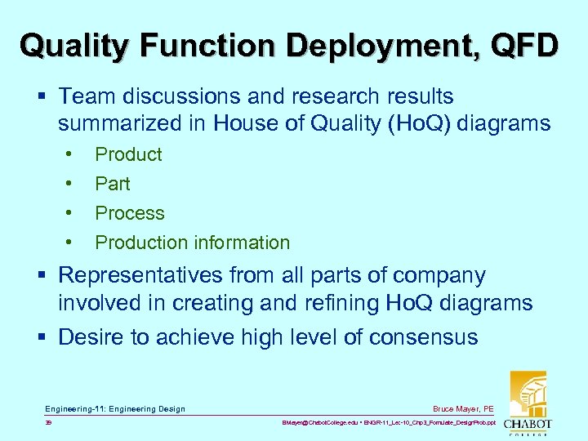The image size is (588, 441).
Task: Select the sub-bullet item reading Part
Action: pyautogui.click(x=113, y=184)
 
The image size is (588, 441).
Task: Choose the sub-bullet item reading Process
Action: pyautogui.click(x=130, y=213)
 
